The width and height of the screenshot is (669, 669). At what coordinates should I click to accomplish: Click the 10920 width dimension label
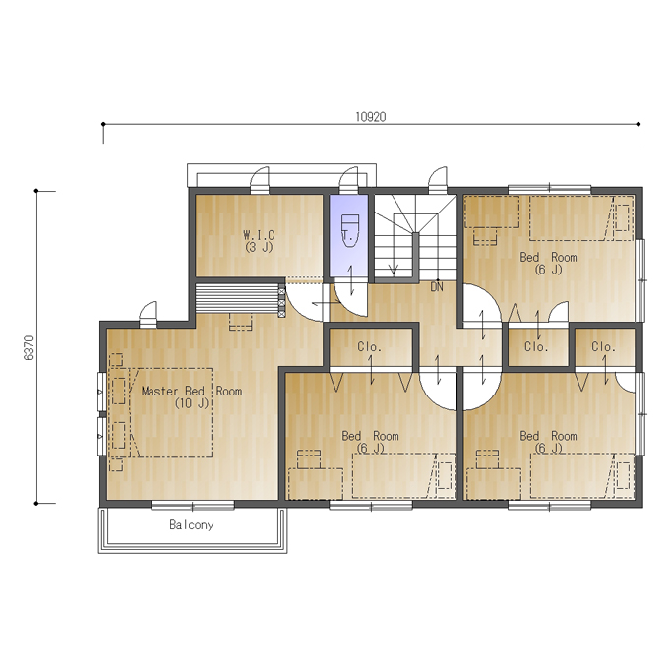[371, 117]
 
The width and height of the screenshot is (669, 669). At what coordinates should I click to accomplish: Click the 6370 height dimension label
[29, 347]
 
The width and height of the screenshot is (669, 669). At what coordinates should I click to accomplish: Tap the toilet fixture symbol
[350, 231]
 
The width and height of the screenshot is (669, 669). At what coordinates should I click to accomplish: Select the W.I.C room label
[259, 235]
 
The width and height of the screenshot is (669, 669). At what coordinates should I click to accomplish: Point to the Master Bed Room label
[192, 391]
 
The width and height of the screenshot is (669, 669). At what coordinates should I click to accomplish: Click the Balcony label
[192, 524]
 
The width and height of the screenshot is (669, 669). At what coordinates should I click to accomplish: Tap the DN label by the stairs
[437, 287]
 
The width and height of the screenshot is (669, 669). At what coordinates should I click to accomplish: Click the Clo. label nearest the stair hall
[370, 347]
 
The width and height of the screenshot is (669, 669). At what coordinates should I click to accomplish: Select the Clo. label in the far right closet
[603, 347]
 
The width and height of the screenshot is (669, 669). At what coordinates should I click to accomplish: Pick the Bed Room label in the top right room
[548, 258]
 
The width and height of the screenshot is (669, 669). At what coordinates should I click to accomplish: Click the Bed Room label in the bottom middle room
[370, 436]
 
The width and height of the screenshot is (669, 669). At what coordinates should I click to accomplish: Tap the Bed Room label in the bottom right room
[548, 436]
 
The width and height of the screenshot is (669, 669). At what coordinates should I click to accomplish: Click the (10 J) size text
[192, 403]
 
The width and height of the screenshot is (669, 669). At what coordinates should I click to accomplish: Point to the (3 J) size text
[259, 247]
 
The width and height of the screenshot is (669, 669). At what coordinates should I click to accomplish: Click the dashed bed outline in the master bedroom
[170, 412]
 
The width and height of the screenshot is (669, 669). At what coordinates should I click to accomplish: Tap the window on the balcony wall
[193, 506]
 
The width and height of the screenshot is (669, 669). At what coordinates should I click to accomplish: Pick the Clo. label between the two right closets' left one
[536, 347]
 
